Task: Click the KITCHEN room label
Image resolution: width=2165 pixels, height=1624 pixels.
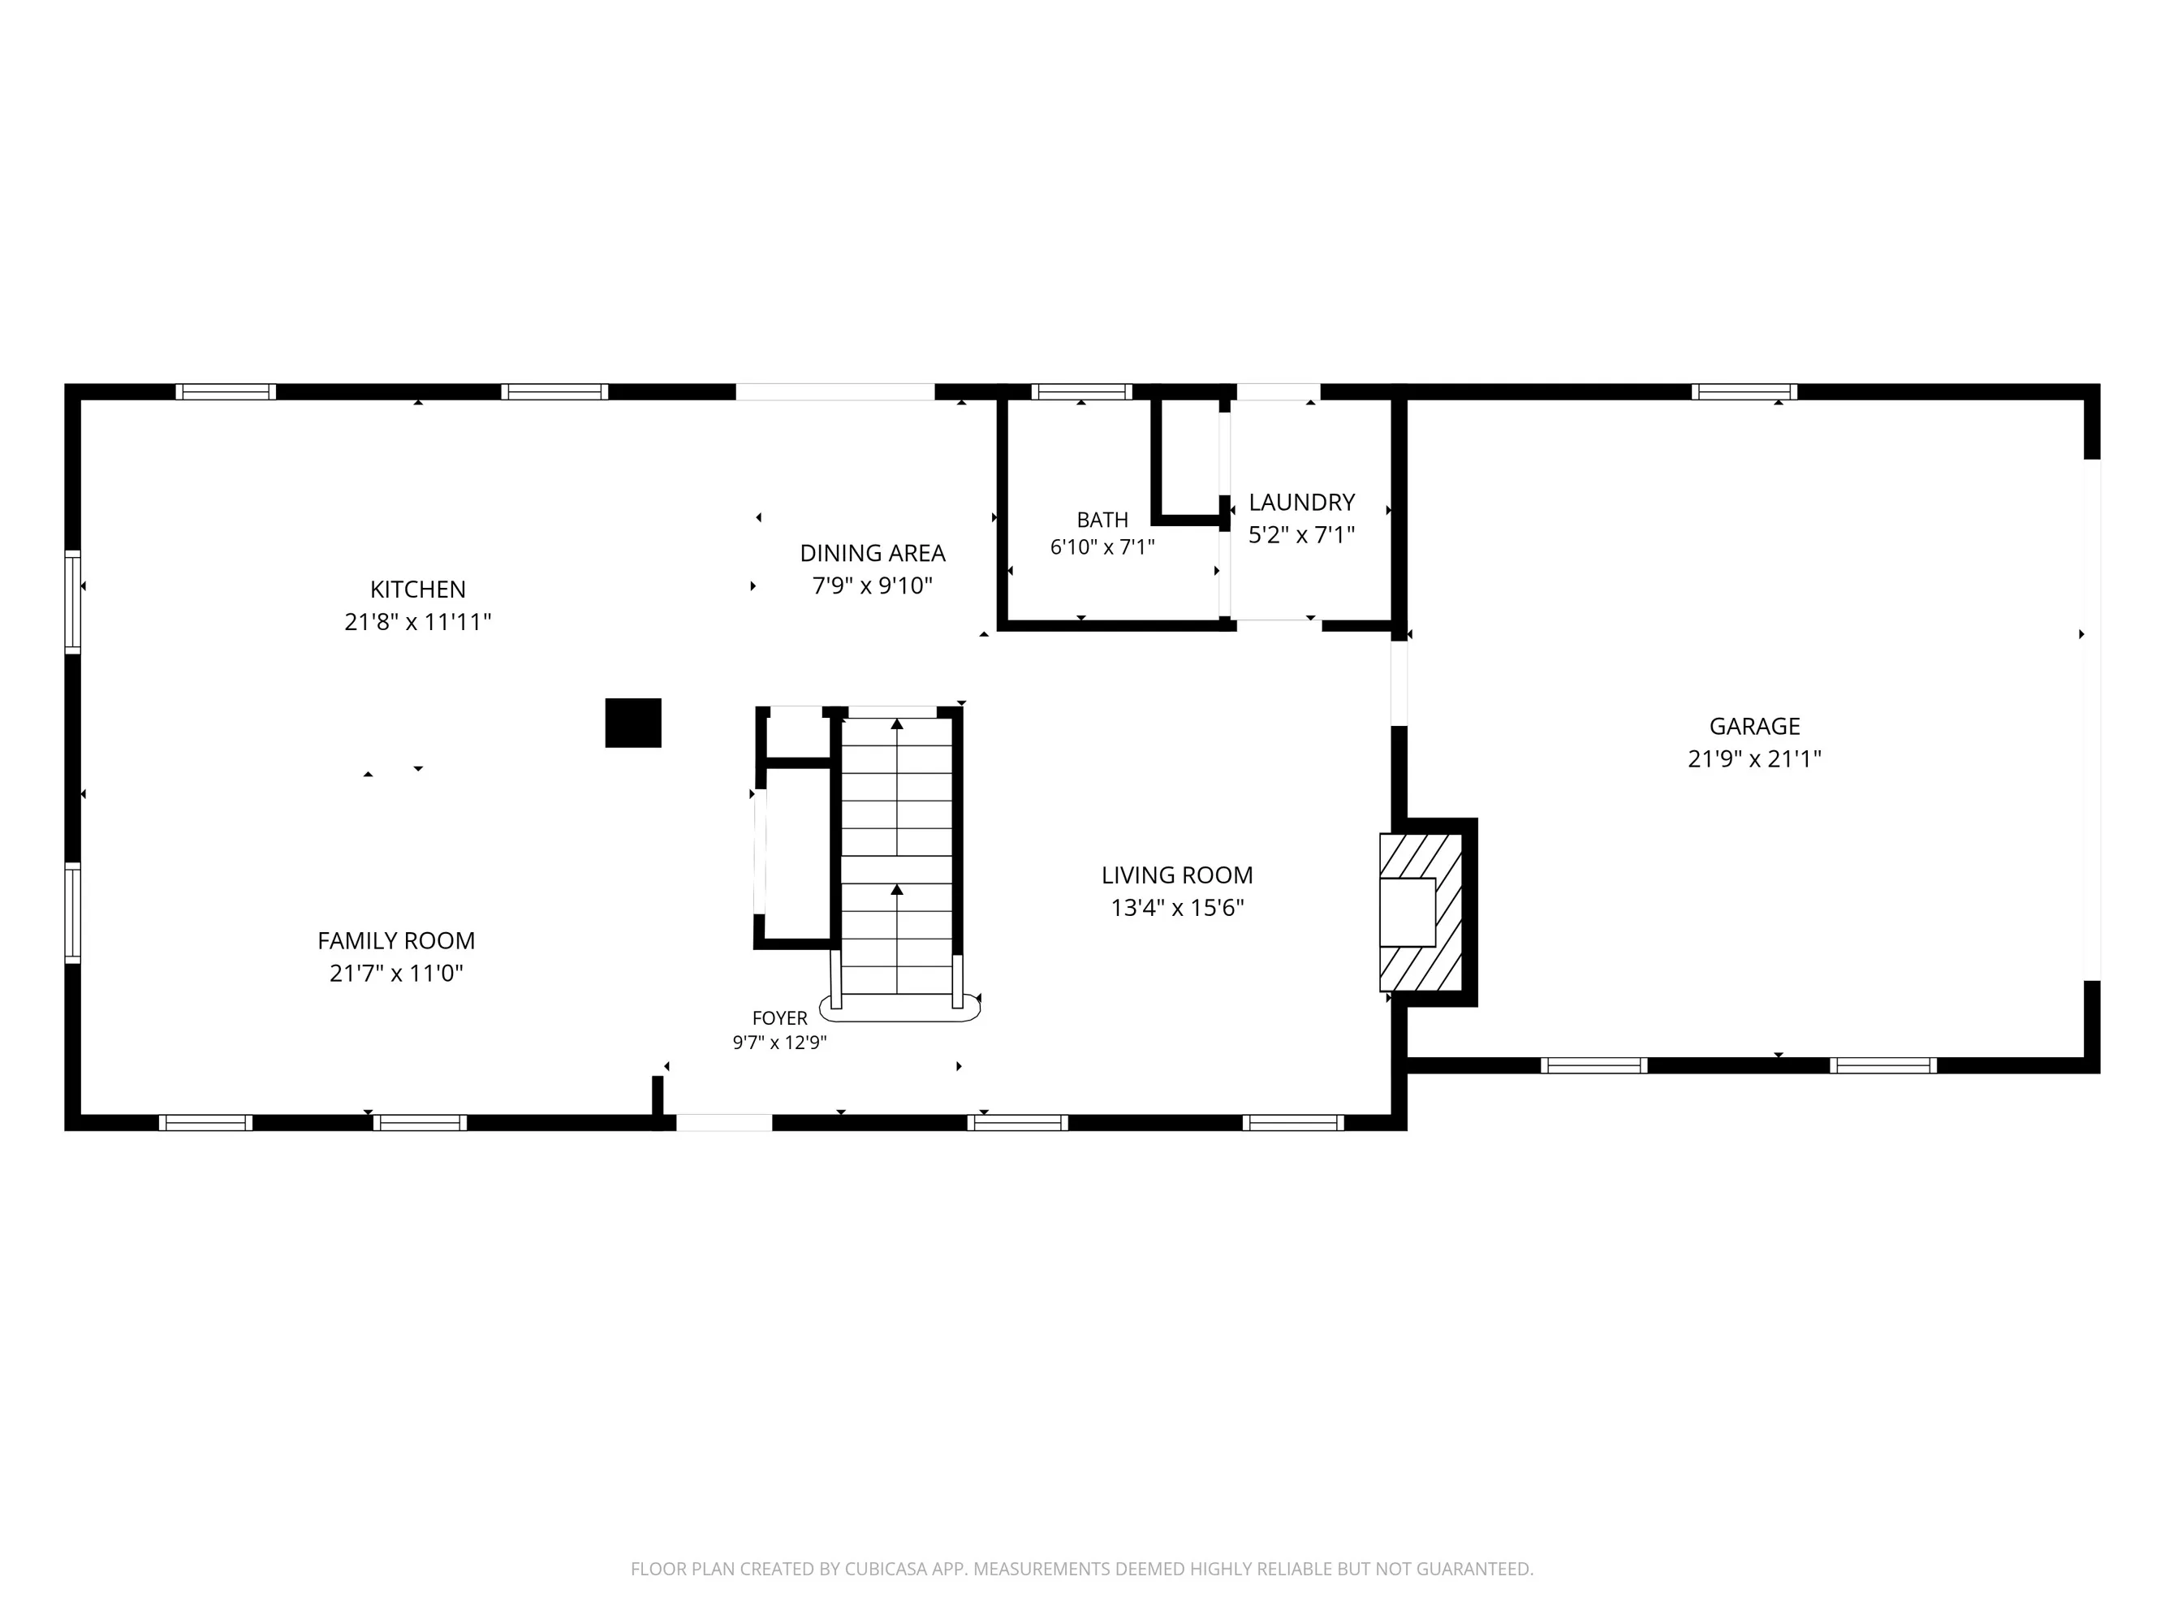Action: [x=418, y=590]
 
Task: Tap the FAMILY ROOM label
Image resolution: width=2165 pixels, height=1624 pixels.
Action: [x=396, y=941]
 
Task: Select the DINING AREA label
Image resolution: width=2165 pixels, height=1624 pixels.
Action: [x=873, y=553]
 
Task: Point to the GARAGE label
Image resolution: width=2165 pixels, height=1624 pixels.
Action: [x=1755, y=727]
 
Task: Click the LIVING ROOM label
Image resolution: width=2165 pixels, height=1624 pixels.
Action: [x=1177, y=875]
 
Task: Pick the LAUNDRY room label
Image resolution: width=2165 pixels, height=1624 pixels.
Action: [x=1302, y=502]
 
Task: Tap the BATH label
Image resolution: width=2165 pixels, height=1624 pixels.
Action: [x=1103, y=520]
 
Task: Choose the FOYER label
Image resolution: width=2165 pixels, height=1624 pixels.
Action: [x=780, y=1018]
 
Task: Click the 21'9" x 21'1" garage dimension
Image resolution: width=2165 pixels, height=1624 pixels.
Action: [x=1755, y=758]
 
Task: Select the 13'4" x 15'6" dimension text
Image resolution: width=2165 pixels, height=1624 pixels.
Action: [x=1177, y=908]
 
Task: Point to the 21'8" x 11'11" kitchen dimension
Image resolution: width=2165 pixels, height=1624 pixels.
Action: [x=418, y=622]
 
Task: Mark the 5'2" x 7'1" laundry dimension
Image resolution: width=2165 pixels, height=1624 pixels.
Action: [x=1302, y=534]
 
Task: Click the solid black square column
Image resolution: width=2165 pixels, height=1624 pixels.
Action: [x=633, y=723]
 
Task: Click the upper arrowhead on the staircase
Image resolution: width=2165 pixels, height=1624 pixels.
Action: [x=896, y=724]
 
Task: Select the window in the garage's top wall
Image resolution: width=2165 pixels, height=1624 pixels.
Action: [x=1745, y=391]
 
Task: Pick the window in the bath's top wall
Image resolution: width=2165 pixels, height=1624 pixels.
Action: [x=1081, y=391]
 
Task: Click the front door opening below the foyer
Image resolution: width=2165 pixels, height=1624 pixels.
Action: [x=724, y=1123]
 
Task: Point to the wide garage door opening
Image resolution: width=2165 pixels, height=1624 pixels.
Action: [x=2092, y=719]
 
